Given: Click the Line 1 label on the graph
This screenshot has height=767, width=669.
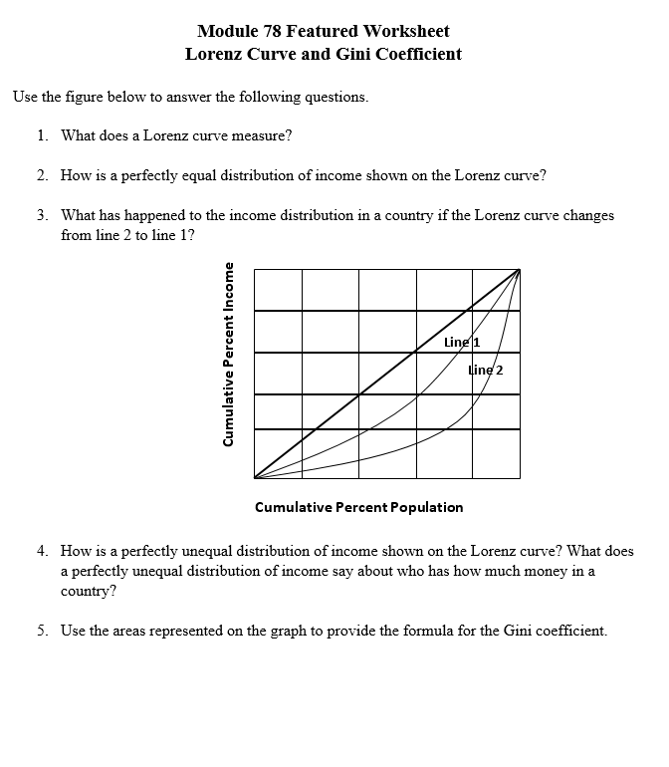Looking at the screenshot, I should (x=462, y=342).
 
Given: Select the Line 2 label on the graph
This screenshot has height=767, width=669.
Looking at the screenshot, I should (x=485, y=370).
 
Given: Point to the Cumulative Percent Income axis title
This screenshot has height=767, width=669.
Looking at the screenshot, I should (x=230, y=369).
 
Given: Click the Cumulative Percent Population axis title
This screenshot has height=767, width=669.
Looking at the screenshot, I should (x=359, y=507).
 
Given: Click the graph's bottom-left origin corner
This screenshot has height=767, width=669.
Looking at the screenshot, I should (x=255, y=478).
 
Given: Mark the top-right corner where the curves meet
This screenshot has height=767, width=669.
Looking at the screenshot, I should (x=519, y=268).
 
